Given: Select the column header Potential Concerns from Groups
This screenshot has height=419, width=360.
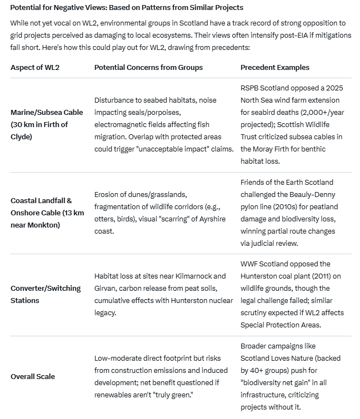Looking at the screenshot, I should pyautogui.click(x=148, y=67).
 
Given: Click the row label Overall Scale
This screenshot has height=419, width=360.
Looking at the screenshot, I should pyautogui.click(x=33, y=376).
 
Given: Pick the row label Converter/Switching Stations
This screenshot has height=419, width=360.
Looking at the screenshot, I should pyautogui.click(x=46, y=294).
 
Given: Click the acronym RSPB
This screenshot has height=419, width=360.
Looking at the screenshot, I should pyautogui.click(x=251, y=88).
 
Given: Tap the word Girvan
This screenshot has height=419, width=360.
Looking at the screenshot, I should pyautogui.click(x=106, y=288).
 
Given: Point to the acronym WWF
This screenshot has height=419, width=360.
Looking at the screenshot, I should pyautogui.click(x=250, y=264).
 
